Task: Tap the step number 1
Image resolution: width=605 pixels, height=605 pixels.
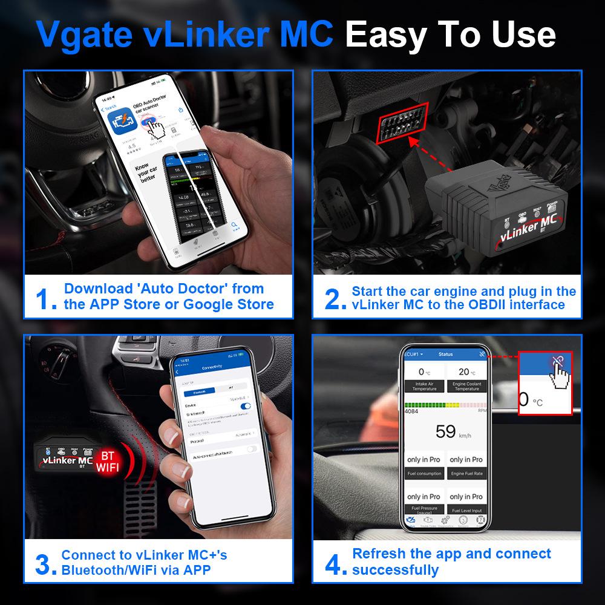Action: pos(47,299)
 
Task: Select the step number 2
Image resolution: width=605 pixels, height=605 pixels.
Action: pos(336,299)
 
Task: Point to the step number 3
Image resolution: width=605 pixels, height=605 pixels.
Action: pos(46,564)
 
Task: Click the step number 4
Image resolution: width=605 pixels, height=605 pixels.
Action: pos(336,564)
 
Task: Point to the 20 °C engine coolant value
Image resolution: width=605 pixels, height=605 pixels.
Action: pos(464,371)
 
